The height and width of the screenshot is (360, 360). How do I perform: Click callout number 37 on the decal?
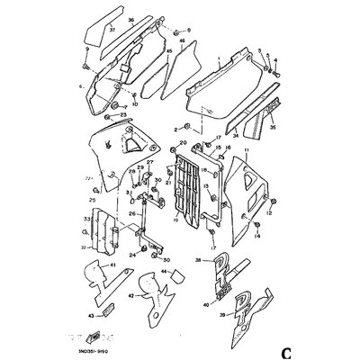pyautogui.click(x=113, y=30)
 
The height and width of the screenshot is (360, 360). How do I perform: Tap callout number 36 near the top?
pyautogui.click(x=131, y=20)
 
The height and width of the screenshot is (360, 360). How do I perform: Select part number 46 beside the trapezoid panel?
pyautogui.click(x=183, y=41)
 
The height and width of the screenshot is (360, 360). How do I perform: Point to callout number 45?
pyautogui.click(x=168, y=52)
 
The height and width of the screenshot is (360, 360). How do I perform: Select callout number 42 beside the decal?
pyautogui.click(x=131, y=293)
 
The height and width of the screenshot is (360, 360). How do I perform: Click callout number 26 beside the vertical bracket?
pyautogui.click(x=133, y=213)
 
